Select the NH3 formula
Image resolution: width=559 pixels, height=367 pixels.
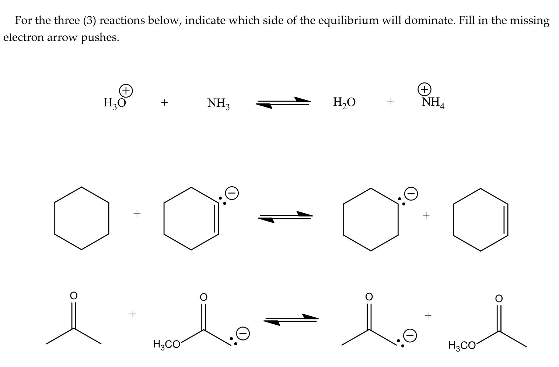[219, 103]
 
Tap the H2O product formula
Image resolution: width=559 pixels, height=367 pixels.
[344, 102]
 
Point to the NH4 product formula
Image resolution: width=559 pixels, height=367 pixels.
[433, 102]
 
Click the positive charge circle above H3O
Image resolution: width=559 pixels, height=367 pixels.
[126, 90]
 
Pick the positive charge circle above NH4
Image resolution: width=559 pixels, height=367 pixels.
[425, 89]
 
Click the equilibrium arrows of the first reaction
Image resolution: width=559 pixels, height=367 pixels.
[283, 103]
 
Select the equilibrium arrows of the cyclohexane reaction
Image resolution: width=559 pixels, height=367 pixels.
[285, 216]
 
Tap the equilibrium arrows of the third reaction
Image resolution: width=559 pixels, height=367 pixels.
[291, 319]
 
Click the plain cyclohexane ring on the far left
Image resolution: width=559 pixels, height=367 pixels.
[81, 218]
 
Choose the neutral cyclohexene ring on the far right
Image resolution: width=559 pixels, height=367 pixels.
[481, 219]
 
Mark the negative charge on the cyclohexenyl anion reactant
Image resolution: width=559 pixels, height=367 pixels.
[232, 193]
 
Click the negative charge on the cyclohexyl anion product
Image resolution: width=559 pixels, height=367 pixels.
[412, 194]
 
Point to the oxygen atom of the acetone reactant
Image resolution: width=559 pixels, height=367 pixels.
[74, 296]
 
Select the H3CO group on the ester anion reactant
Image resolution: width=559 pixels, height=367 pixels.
[166, 345]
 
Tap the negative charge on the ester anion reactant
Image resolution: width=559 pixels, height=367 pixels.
[243, 333]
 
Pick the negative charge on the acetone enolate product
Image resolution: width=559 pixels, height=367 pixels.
[411, 335]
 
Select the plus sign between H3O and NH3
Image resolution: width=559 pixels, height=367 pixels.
[164, 103]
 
